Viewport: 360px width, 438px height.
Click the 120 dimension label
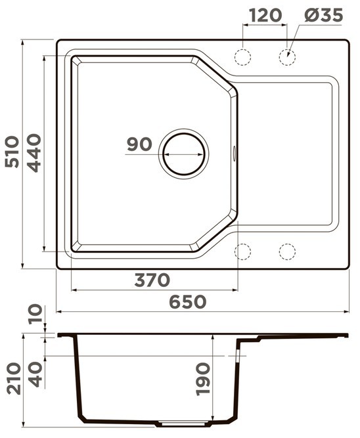[265, 15]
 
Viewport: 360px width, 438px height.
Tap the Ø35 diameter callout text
[323, 15]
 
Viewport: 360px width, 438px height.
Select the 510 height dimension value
[12, 152]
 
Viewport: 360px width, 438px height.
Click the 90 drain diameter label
[139, 144]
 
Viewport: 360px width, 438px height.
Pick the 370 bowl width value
[152, 280]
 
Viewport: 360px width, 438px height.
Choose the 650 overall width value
[188, 302]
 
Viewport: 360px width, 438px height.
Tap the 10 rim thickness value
[35, 315]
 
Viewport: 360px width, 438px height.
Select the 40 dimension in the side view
[35, 374]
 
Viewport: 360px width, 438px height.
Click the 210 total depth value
[14, 378]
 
